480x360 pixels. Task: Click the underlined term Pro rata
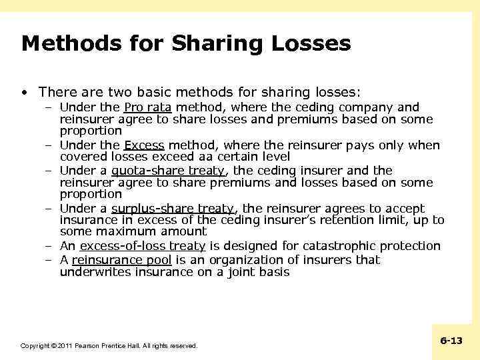point(148,107)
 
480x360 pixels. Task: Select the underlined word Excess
point(144,145)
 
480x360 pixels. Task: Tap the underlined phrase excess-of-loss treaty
point(142,246)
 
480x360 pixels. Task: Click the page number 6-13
point(451,341)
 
